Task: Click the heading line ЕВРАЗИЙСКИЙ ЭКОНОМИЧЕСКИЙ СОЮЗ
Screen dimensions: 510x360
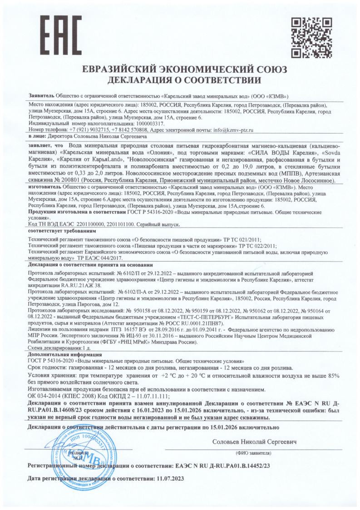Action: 180,71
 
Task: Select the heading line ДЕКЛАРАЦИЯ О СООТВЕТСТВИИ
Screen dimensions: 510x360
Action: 180,82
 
